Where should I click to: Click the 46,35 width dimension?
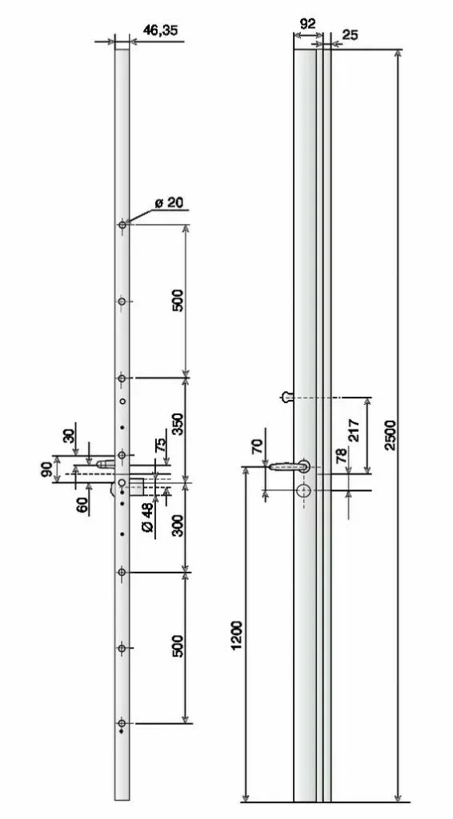(x=160, y=30)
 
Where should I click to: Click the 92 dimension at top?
(x=307, y=24)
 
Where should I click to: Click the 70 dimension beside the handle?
(x=257, y=445)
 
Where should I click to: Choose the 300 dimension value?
(x=178, y=525)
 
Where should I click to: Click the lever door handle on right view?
(x=288, y=465)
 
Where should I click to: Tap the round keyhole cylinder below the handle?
(x=306, y=492)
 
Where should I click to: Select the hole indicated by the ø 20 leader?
(x=122, y=226)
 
